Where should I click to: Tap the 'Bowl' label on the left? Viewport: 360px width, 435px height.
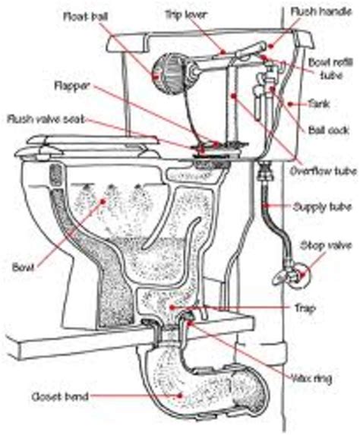(x=21, y=266)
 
